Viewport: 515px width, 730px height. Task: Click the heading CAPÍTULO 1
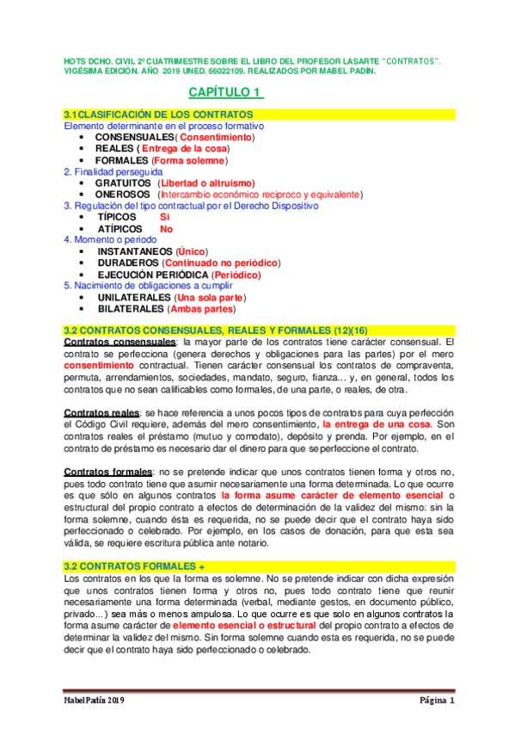click(225, 92)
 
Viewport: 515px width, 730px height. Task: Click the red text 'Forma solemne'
click(188, 160)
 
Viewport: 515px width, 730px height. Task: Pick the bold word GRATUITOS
click(123, 183)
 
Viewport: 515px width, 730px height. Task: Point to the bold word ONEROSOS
click(121, 195)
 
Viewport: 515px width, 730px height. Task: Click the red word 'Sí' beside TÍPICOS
click(165, 218)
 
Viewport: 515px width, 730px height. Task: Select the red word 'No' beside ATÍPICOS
click(166, 229)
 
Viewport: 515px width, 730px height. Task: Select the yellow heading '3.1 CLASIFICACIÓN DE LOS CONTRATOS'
click(159, 114)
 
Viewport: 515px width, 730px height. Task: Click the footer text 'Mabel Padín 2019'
click(95, 702)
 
